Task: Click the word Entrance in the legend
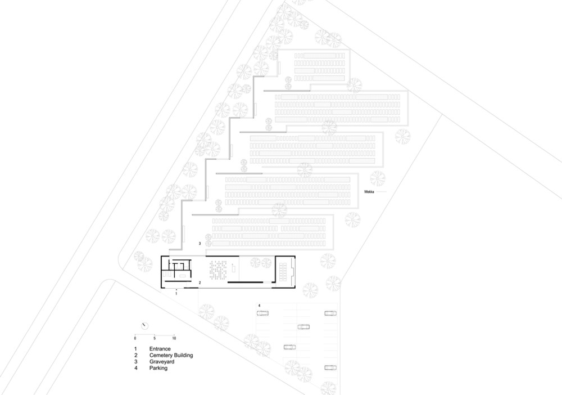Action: (160, 349)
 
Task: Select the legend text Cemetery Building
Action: (171, 355)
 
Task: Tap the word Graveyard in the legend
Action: (162, 362)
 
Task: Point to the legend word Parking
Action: (158, 368)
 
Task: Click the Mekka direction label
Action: (369, 192)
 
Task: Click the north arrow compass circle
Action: (145, 326)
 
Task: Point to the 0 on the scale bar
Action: (135, 338)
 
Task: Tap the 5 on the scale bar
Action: (155, 338)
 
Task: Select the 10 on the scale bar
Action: (174, 338)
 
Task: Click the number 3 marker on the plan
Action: (200, 244)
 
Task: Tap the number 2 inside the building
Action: (200, 282)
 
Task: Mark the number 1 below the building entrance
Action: (176, 294)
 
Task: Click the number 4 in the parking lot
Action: (259, 306)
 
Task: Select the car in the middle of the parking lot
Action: (303, 327)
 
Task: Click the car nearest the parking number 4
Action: (262, 313)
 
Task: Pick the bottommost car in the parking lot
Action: (330, 368)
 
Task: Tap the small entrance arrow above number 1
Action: (176, 289)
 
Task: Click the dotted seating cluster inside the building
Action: (218, 270)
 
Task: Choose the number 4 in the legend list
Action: (135, 368)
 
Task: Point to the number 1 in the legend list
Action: (135, 349)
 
